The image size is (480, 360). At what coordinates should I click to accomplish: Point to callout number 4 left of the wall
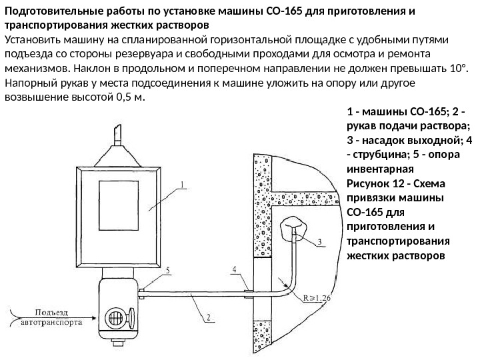point(233,269)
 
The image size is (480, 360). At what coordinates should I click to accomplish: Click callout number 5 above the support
point(167,270)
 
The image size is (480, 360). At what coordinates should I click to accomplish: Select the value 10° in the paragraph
point(455,68)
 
